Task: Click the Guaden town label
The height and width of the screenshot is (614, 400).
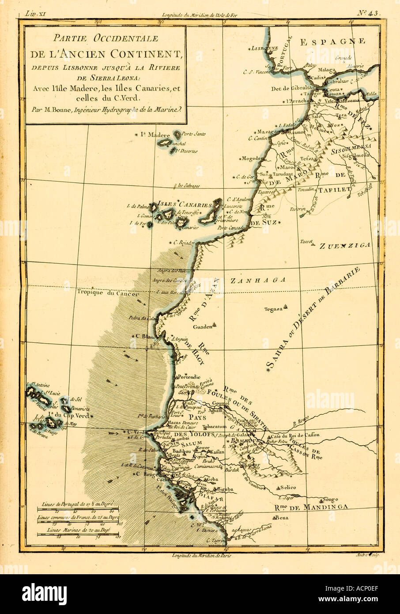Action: tap(203, 327)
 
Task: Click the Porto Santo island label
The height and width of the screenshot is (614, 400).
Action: tap(194, 134)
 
